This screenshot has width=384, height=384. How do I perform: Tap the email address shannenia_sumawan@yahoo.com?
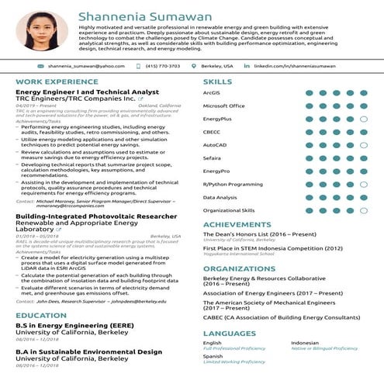tap(86, 67)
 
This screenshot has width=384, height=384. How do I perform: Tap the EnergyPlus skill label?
tap(218, 119)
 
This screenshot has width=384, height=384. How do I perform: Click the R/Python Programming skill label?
tap(233, 185)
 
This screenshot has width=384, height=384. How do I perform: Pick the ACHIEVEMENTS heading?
tap(237, 224)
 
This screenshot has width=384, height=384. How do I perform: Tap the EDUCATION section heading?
tap(41, 315)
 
